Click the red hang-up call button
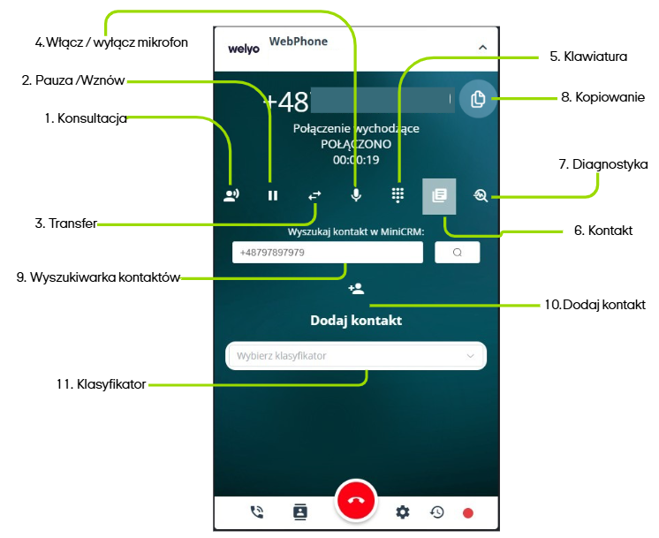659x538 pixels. coord(356,501)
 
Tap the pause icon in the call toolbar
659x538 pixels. coord(273,195)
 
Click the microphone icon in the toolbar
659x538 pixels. coord(356,194)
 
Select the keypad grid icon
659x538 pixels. coord(398,195)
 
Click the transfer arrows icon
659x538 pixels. coord(315,195)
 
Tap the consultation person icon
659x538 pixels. coord(231,195)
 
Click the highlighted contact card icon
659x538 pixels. coord(439,195)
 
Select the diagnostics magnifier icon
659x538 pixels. coord(481,195)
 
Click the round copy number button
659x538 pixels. coord(478,99)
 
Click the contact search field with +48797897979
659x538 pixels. coord(328,253)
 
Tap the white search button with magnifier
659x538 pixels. coord(457,253)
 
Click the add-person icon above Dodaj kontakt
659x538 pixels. coord(356,289)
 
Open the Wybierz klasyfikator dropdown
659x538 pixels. coord(356,356)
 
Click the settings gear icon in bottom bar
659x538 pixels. coord(403,511)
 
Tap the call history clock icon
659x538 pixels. coord(436,511)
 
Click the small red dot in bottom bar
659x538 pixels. coord(468,512)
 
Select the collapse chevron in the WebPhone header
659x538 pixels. coord(482,47)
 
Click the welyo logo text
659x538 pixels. coord(243,49)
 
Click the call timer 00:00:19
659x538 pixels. coord(356,160)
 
